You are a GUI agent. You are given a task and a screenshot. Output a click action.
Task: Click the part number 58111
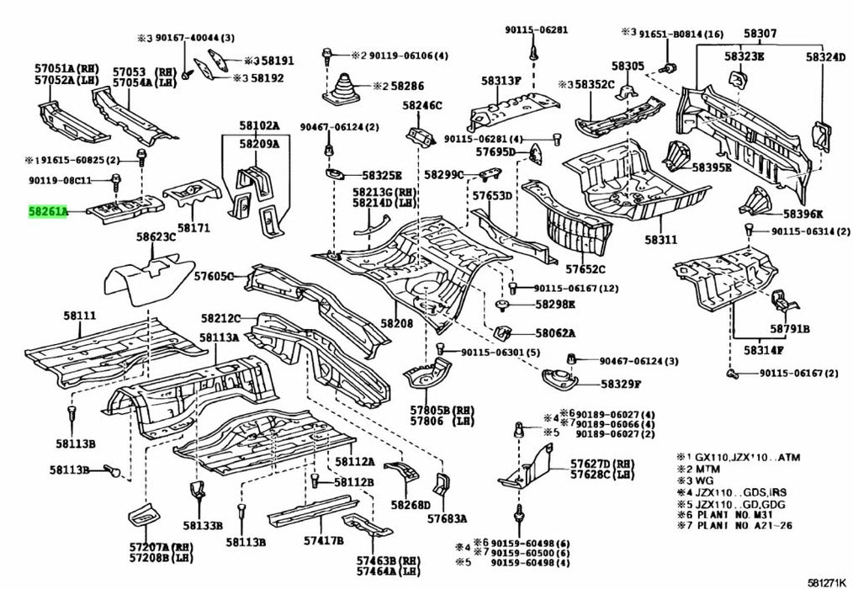pos(80,316)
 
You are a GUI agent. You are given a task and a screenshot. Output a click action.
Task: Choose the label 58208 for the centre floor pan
pos(396,323)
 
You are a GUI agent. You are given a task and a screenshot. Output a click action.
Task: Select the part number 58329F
pos(621,383)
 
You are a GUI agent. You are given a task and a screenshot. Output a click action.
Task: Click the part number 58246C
pos(421,105)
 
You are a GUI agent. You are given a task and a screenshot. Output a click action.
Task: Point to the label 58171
pos(193,228)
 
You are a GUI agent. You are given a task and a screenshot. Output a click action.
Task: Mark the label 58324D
pos(825,57)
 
